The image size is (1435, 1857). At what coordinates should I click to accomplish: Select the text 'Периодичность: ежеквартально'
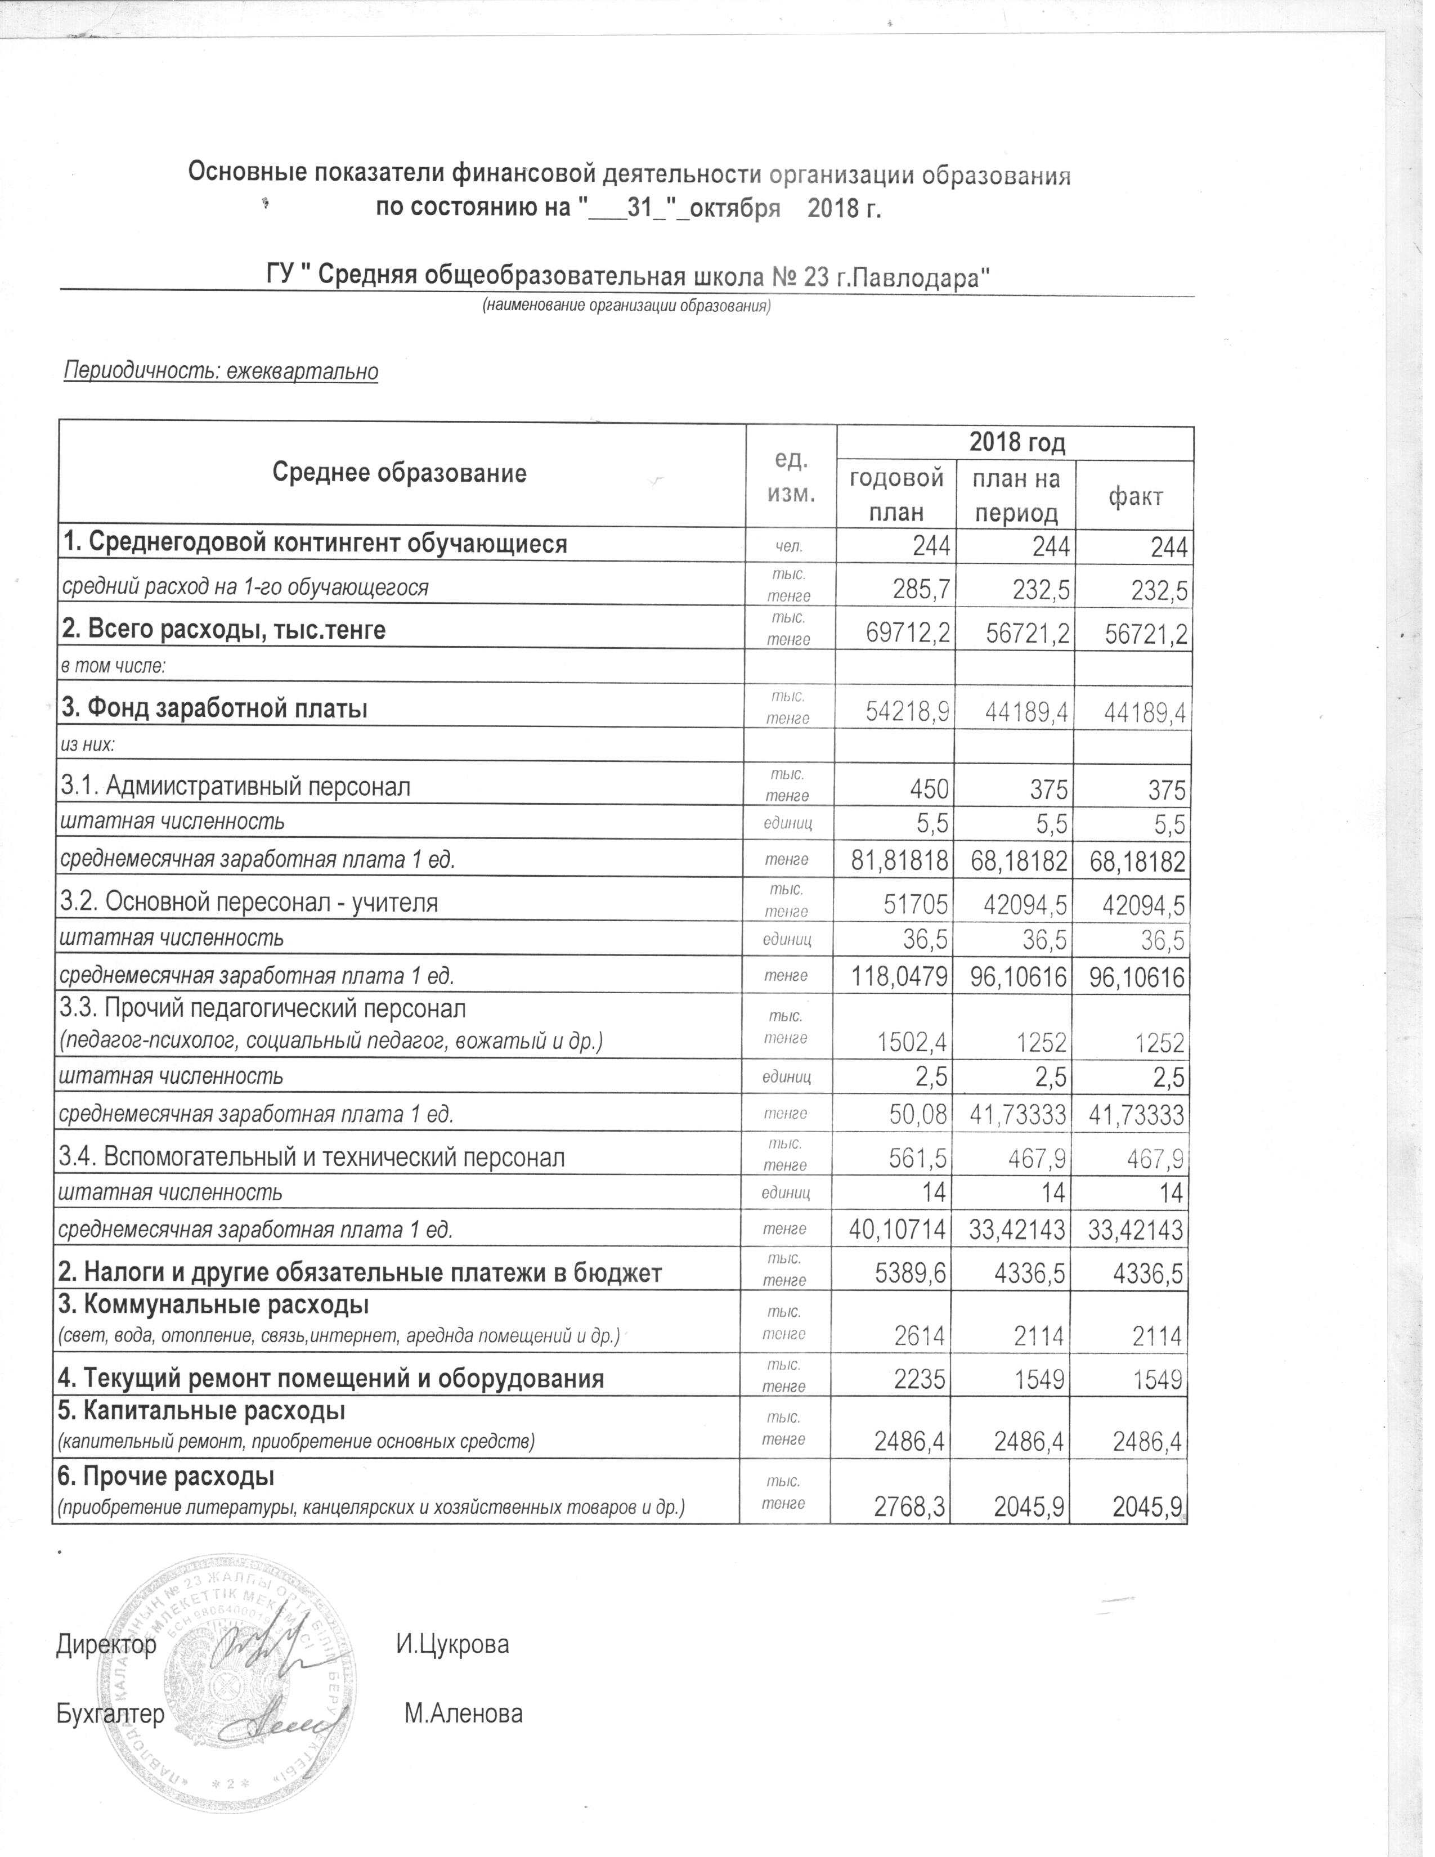[221, 371]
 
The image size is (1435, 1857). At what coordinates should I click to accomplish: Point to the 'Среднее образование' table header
[400, 474]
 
